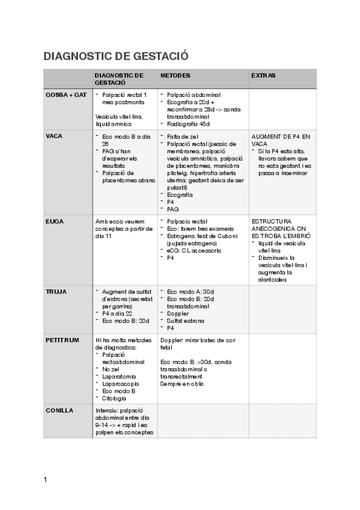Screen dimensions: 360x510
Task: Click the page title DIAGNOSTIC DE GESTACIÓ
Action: [x=116, y=57]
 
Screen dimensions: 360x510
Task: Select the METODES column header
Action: [x=175, y=76]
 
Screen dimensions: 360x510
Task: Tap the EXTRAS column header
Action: [x=263, y=76]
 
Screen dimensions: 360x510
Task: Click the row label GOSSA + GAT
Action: [x=66, y=95]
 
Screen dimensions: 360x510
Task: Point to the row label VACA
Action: [x=54, y=136]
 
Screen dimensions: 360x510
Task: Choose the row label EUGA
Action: [x=55, y=221]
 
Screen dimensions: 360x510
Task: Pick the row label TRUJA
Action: [x=56, y=292]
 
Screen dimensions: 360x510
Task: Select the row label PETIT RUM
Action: [x=63, y=340]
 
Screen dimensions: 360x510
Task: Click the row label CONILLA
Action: [x=59, y=410]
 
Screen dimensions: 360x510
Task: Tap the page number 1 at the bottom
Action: [x=46, y=479]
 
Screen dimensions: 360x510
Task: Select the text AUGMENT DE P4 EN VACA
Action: [x=281, y=140]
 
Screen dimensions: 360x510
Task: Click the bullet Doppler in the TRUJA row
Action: [x=178, y=313]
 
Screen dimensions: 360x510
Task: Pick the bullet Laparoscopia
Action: [x=122, y=383]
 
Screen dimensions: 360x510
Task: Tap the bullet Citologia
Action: [x=115, y=398]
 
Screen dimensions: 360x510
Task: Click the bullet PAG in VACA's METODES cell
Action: [x=173, y=209]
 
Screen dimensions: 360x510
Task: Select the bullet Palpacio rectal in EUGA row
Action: [x=188, y=221]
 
